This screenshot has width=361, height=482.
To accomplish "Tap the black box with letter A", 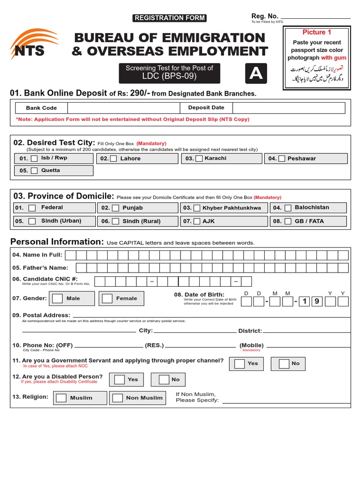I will click(256, 73).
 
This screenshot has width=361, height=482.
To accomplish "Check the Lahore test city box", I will click(113, 159).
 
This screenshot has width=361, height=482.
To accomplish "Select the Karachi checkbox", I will click(199, 159).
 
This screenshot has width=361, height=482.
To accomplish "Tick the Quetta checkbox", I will click(34, 171).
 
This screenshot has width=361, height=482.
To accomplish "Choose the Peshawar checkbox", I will click(282, 159).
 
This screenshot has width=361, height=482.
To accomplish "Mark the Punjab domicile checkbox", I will click(115, 208).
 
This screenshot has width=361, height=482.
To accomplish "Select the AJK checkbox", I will click(197, 221).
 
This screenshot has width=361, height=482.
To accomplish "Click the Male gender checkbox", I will click(57, 298).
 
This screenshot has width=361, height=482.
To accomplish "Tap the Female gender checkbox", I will click(108, 298).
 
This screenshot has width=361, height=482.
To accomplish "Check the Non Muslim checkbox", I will click(118, 398).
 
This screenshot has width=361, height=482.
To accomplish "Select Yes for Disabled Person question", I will click(119, 379).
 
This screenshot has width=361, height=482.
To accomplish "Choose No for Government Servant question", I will click(283, 363).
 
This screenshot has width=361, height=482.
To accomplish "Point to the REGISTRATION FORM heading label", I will click(170, 18).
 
